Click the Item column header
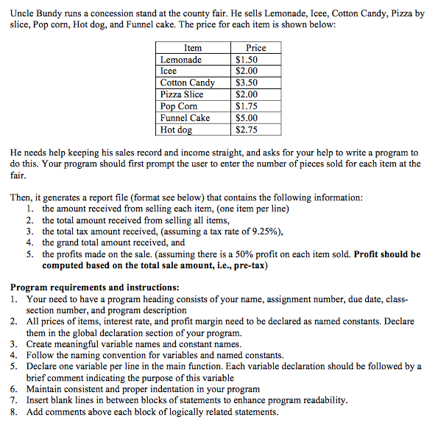192,48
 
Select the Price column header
255,48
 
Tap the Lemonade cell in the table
181,60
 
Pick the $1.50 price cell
247,60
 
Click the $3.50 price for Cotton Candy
247,83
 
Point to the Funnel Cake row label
186,118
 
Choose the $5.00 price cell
247,118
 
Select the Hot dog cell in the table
177,130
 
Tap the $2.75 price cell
247,130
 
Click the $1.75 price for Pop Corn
247,106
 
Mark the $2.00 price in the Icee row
247,71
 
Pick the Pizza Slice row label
182,94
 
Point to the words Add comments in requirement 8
51,412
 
